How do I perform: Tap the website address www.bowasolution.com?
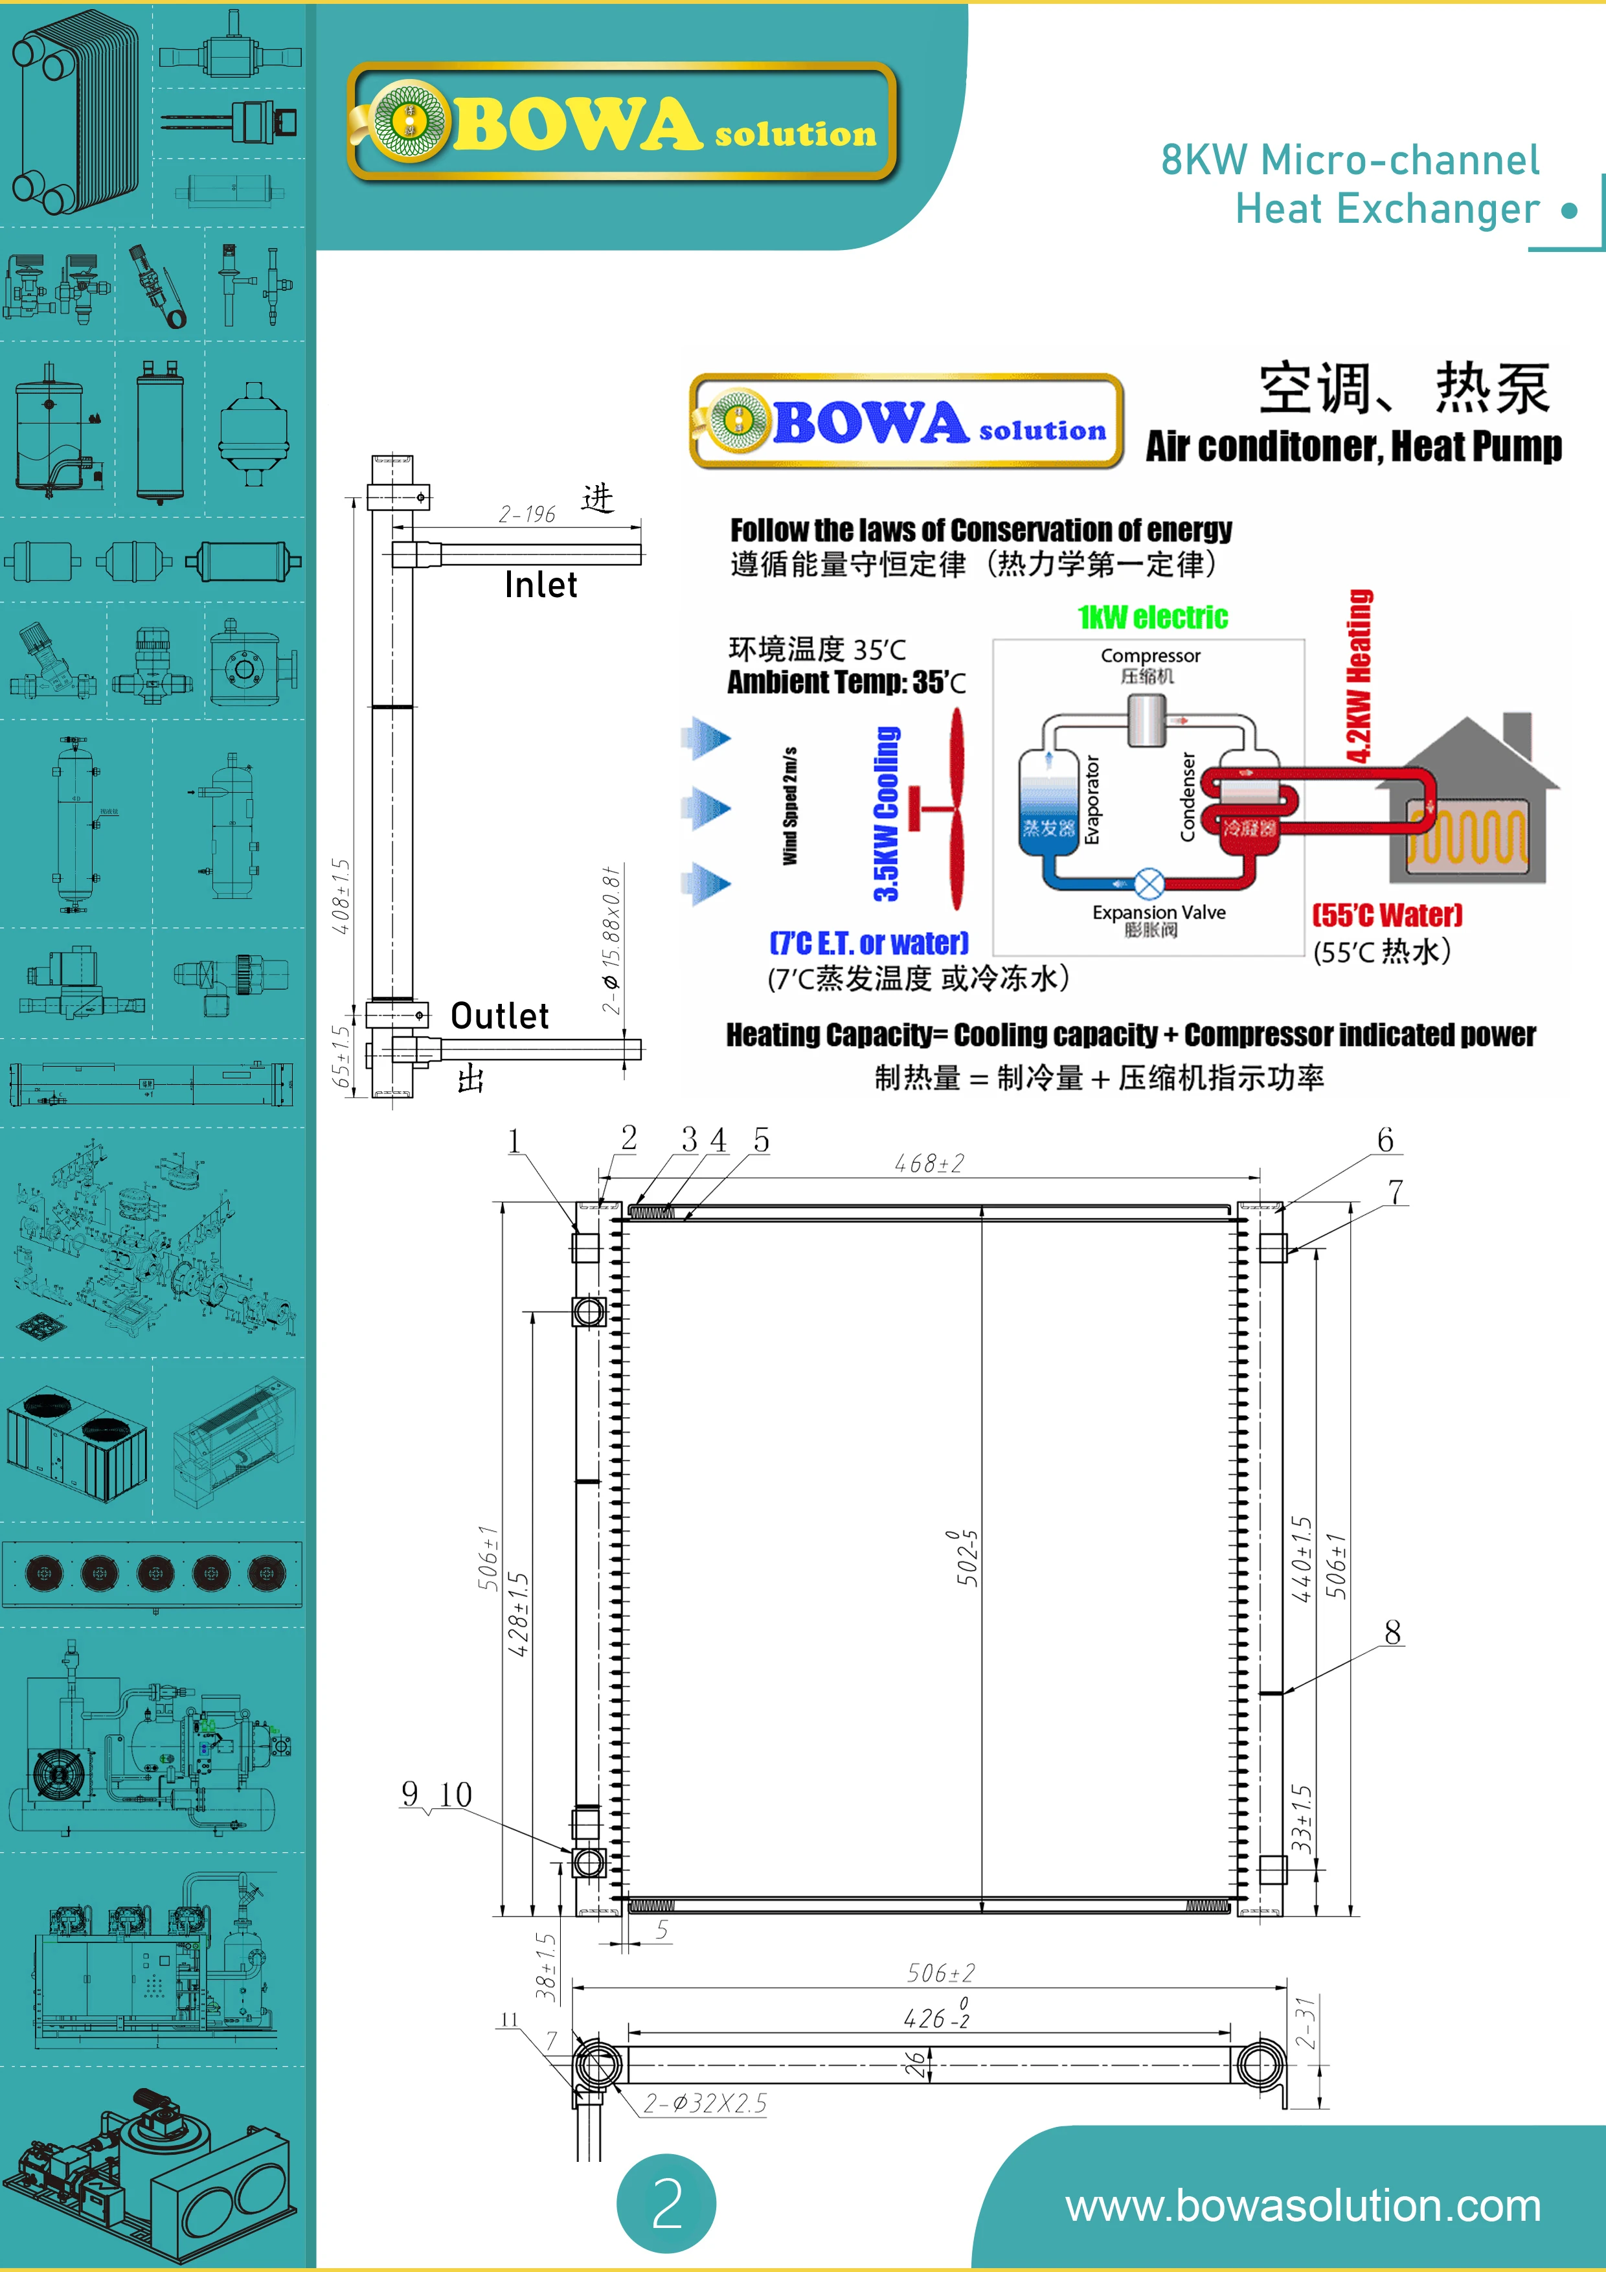(1302, 2206)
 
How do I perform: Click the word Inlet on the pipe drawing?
(540, 585)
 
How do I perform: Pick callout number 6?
(1385, 1140)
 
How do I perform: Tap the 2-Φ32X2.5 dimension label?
(705, 2104)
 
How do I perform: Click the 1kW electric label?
(1153, 617)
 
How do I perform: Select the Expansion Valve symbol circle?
(1148, 883)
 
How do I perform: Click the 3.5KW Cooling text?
(886, 813)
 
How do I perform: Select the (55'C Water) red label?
(1386, 914)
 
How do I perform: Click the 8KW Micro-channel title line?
(1350, 161)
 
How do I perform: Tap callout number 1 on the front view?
(514, 1141)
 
